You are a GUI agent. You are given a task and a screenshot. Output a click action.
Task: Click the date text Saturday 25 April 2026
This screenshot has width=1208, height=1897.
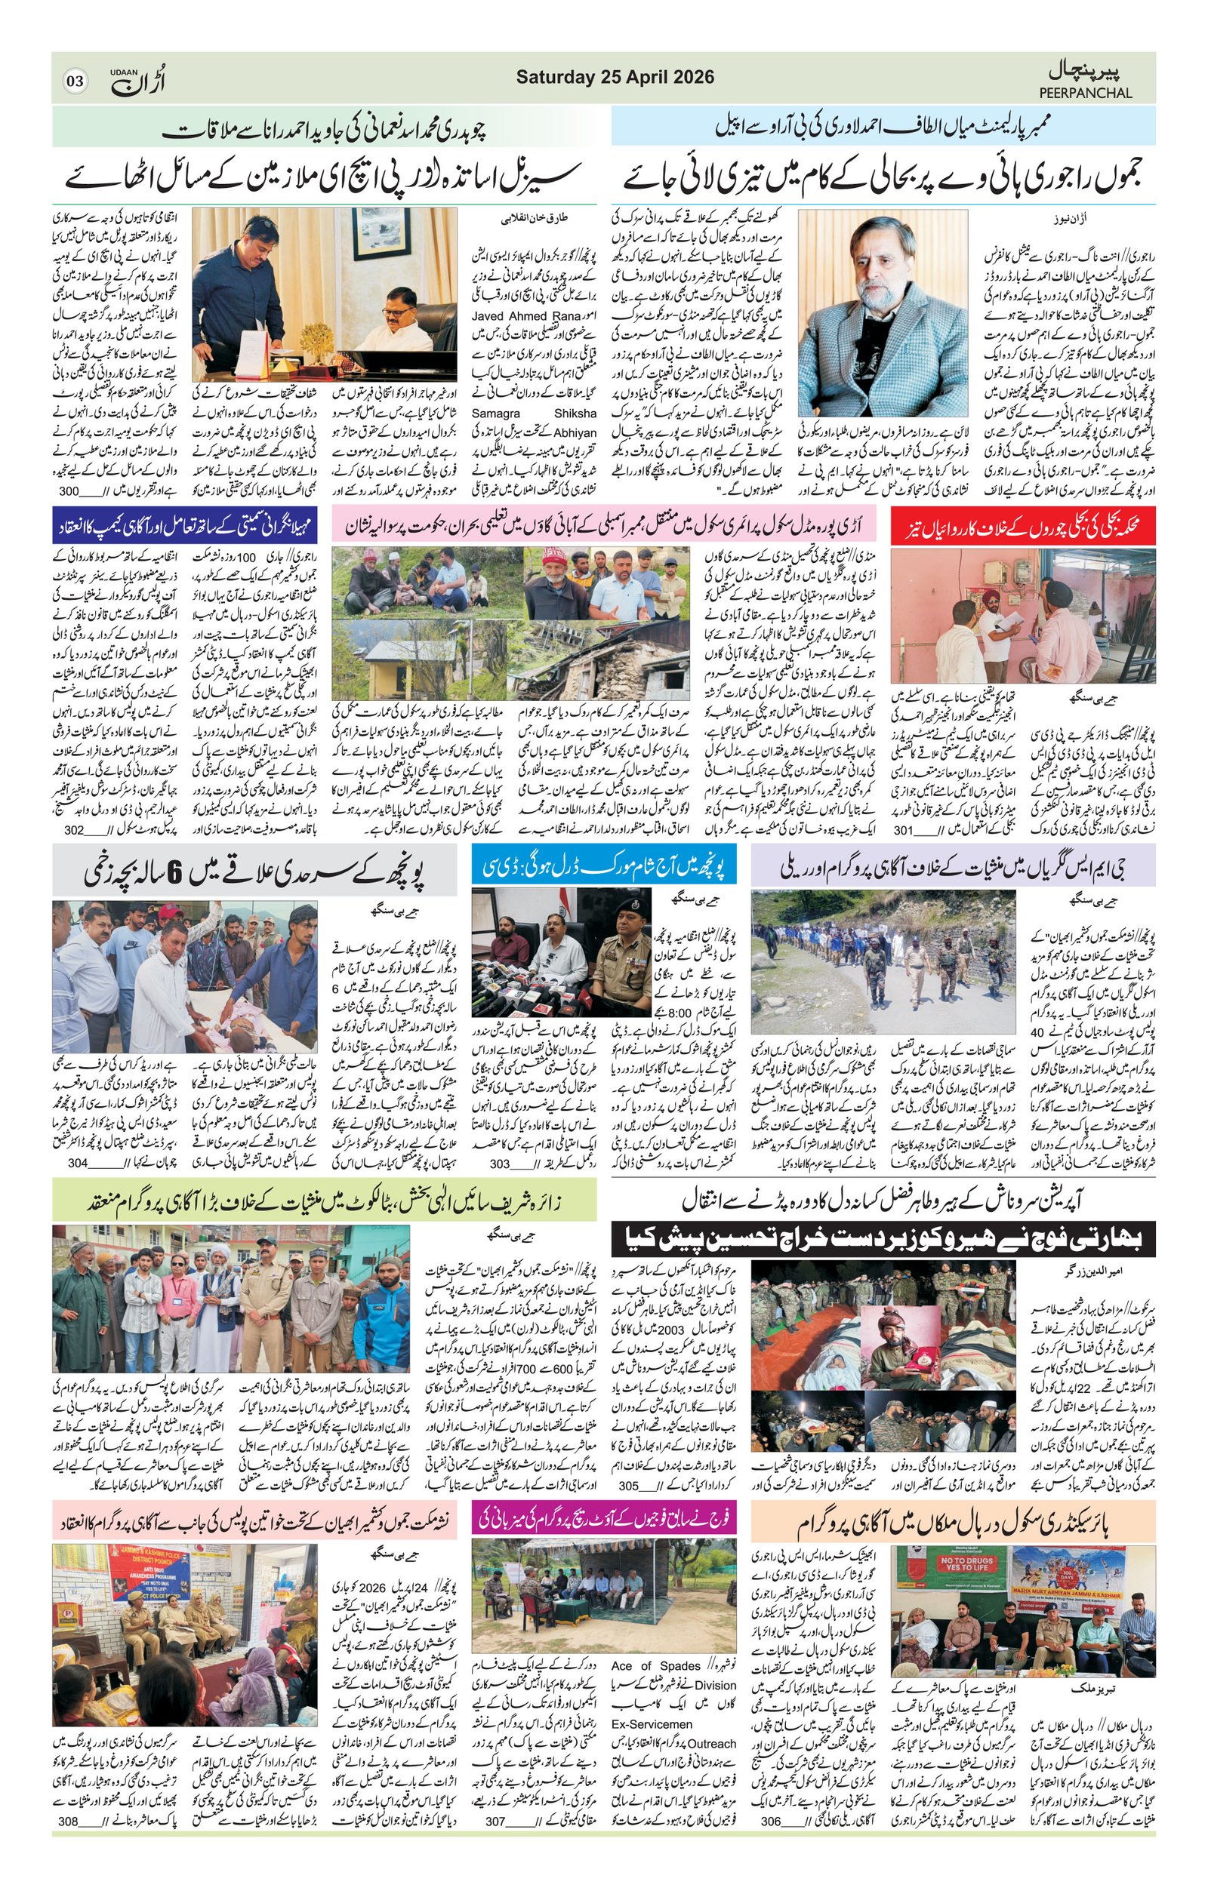tap(615, 77)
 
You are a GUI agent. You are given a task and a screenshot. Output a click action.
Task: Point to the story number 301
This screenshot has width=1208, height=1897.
tap(903, 829)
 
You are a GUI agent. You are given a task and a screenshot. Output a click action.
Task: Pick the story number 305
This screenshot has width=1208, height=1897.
tap(629, 1486)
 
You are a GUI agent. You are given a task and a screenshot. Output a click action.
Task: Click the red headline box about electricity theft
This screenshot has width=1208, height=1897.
tap(1023, 524)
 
